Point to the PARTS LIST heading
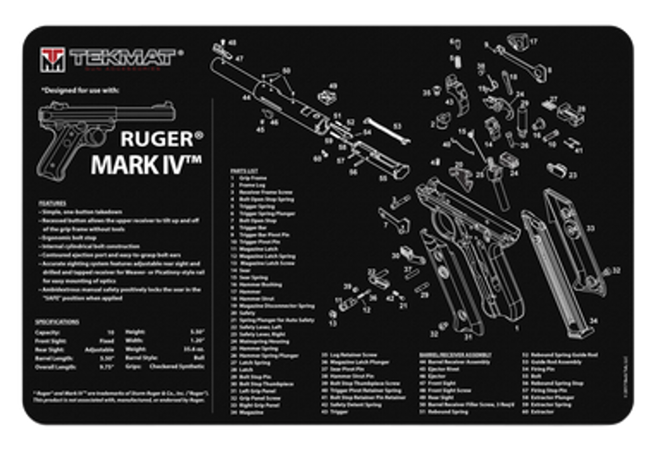click(x=240, y=170)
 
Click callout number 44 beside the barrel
click(x=246, y=97)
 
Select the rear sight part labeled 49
click(x=325, y=97)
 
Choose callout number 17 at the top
click(x=534, y=42)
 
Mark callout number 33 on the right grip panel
click(x=589, y=228)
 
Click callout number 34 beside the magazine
click(x=593, y=320)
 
